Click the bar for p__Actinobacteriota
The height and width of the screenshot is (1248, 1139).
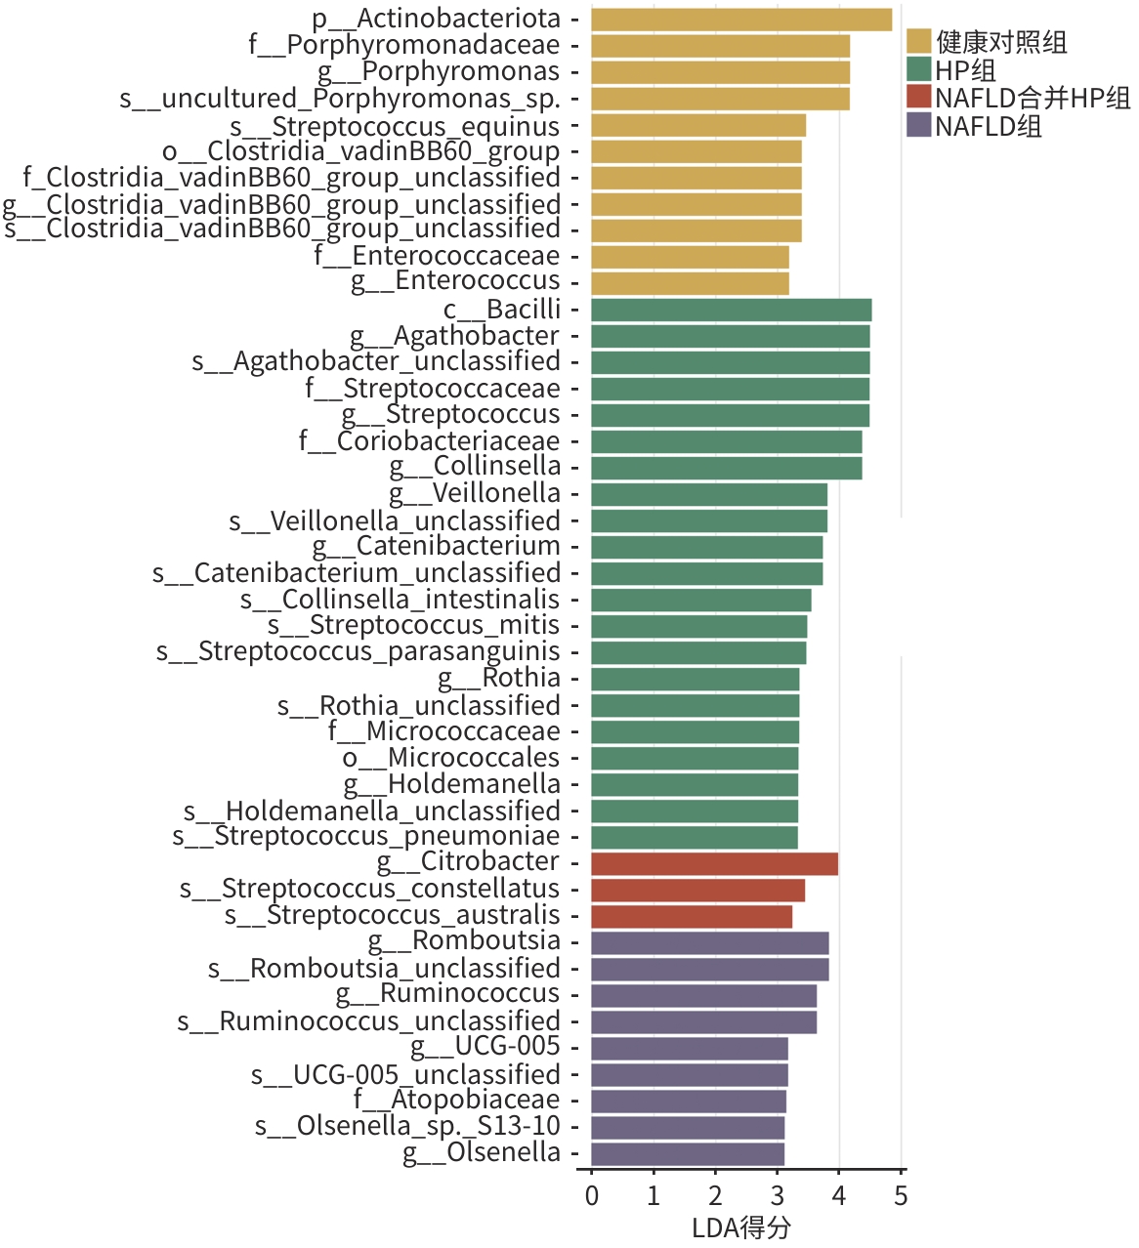(x=740, y=20)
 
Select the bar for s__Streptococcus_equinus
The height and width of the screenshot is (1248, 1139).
(x=697, y=125)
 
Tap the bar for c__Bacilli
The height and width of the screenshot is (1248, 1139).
(x=731, y=310)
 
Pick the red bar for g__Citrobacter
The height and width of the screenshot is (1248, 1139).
(x=714, y=863)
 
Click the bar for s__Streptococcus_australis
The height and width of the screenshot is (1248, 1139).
(x=691, y=916)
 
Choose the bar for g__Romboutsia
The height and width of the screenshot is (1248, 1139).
(x=709, y=942)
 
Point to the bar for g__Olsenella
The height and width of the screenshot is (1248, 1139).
(x=687, y=1153)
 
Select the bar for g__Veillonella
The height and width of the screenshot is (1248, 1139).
(x=708, y=494)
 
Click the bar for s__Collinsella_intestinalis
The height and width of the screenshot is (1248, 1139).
(x=700, y=600)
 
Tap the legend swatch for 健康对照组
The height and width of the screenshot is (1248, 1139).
(x=918, y=41)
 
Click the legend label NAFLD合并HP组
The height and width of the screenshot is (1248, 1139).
(x=1033, y=98)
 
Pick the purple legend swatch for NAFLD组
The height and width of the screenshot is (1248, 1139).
(x=918, y=125)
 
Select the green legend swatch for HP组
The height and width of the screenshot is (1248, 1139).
(x=918, y=69)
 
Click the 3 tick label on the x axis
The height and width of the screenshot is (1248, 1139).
(x=777, y=1195)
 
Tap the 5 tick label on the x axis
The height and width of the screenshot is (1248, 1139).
(x=901, y=1195)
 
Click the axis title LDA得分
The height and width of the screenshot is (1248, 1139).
(x=740, y=1227)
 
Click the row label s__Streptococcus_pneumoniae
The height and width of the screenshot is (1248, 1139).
(x=366, y=836)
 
